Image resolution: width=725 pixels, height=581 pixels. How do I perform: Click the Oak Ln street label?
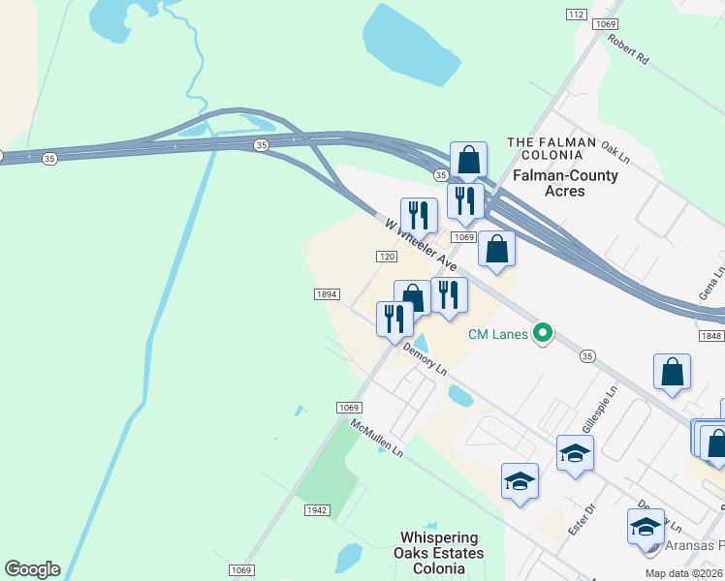(615, 150)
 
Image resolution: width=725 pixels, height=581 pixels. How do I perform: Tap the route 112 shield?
(577, 14)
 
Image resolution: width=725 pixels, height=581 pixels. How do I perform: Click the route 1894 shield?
(326, 293)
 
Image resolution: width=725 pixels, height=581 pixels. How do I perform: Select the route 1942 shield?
(317, 510)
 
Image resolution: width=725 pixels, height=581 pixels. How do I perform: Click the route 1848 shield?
(709, 334)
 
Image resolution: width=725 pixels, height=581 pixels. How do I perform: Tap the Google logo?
(32, 569)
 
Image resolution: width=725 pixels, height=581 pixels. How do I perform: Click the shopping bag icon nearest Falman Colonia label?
(468, 160)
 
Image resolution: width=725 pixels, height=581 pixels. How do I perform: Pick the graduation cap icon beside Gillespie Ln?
(575, 453)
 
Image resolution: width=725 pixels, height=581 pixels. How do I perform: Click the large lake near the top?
(410, 46)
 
